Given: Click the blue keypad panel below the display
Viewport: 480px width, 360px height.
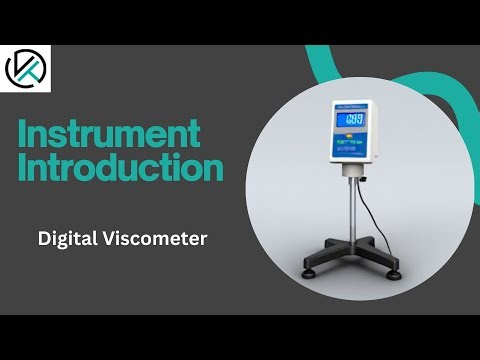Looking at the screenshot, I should tap(356, 147).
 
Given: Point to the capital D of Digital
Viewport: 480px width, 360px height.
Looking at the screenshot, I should tap(44, 239).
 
